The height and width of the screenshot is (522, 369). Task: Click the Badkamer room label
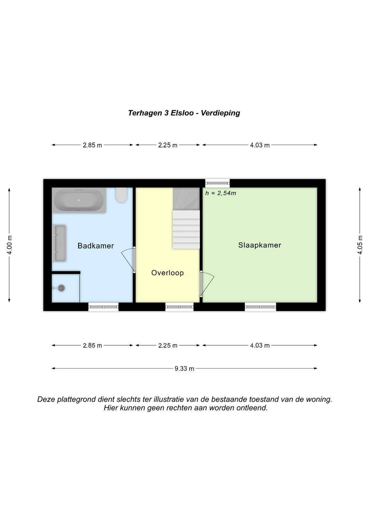tap(96, 246)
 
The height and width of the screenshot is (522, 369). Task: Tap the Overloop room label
tap(167, 273)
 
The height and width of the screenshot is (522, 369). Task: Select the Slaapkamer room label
tap(260, 245)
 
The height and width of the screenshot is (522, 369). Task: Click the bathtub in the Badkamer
tap(79, 200)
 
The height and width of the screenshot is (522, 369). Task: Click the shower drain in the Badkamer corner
tap(61, 288)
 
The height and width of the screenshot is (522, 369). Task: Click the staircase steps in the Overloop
tap(186, 230)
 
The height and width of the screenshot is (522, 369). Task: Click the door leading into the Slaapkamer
tap(207, 284)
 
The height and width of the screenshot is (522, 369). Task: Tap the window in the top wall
tap(217, 183)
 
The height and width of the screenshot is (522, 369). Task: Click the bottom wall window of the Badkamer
tap(103, 307)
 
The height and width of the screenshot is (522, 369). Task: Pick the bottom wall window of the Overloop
tap(179, 307)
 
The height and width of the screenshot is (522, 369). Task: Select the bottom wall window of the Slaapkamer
tap(260, 307)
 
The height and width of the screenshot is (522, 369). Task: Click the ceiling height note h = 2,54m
tap(221, 193)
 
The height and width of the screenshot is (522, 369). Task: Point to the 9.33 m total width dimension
tap(184, 368)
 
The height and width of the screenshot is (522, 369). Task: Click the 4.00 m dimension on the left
tap(9, 245)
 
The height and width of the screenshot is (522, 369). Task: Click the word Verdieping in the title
tap(220, 113)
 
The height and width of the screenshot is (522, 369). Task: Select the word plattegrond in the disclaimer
tap(76, 399)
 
